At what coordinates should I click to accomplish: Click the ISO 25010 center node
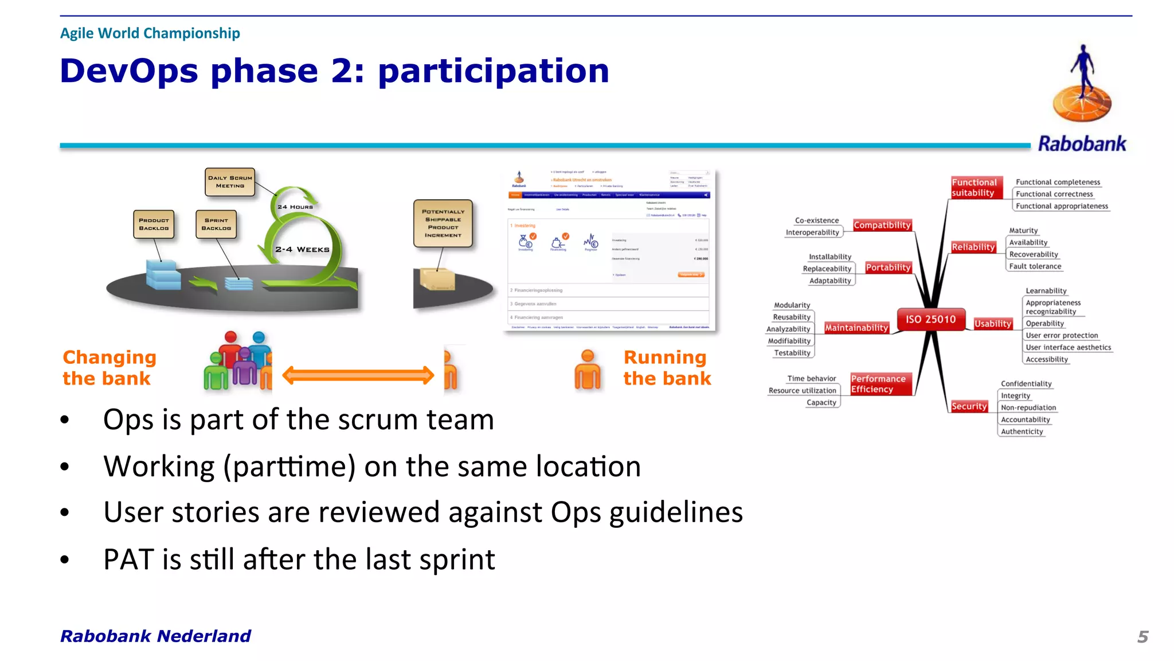930,320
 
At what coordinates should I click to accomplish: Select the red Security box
969,406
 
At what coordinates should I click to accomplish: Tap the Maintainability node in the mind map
856,328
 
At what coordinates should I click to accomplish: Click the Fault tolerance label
1035,266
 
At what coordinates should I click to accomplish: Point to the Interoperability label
812,232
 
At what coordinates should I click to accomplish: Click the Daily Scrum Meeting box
230,182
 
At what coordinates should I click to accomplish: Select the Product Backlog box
154,224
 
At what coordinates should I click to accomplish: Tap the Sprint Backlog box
216,224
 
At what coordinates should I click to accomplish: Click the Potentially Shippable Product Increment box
443,223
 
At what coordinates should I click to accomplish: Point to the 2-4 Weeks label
302,250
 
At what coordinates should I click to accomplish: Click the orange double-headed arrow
358,375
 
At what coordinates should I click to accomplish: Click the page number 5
1142,636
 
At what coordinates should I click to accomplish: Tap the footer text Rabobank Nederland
155,636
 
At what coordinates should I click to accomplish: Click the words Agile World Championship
150,33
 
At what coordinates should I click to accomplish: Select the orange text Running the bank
667,368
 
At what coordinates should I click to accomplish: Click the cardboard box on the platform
437,279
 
